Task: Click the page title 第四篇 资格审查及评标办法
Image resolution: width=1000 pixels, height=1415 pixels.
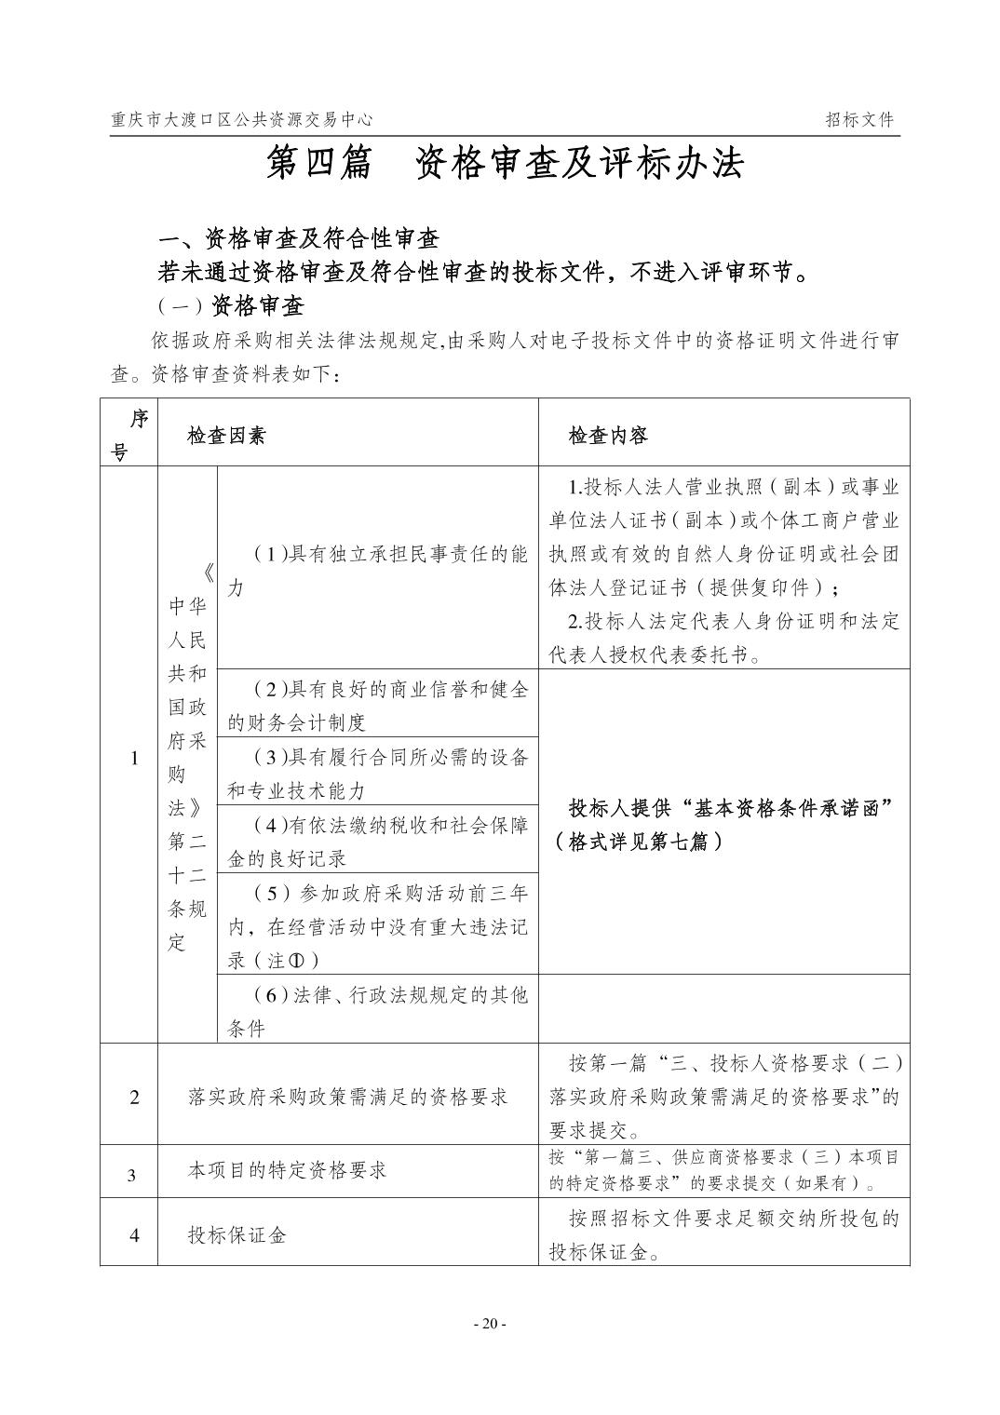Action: (505, 164)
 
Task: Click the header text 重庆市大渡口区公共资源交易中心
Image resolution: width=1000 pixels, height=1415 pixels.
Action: (241, 120)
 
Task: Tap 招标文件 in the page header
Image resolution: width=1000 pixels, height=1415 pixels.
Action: (858, 120)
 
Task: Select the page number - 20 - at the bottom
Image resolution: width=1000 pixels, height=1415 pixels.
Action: (490, 1324)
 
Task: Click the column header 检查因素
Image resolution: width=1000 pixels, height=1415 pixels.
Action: (226, 435)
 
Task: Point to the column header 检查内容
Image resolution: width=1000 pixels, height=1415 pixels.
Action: (609, 435)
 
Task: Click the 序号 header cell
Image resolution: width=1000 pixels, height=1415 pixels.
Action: (129, 435)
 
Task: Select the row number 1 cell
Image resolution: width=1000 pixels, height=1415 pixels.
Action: (134, 758)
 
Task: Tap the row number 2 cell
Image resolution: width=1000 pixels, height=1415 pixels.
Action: (134, 1097)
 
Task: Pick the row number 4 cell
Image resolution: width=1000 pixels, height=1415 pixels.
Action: (134, 1235)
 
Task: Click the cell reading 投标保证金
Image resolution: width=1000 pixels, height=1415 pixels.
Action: (237, 1235)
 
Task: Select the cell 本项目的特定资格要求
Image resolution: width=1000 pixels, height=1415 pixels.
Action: (287, 1170)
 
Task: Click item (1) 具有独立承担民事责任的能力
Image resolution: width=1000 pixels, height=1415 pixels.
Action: (378, 571)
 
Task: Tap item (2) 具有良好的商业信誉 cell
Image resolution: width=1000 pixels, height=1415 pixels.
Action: (378, 705)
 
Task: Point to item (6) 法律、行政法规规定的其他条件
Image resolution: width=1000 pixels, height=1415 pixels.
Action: (378, 1011)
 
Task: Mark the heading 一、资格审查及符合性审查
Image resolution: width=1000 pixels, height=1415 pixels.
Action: (298, 239)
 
